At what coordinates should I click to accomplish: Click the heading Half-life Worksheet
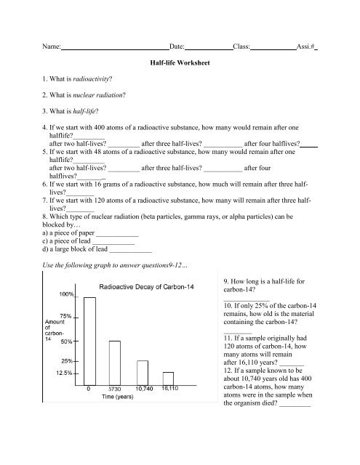click(179, 63)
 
